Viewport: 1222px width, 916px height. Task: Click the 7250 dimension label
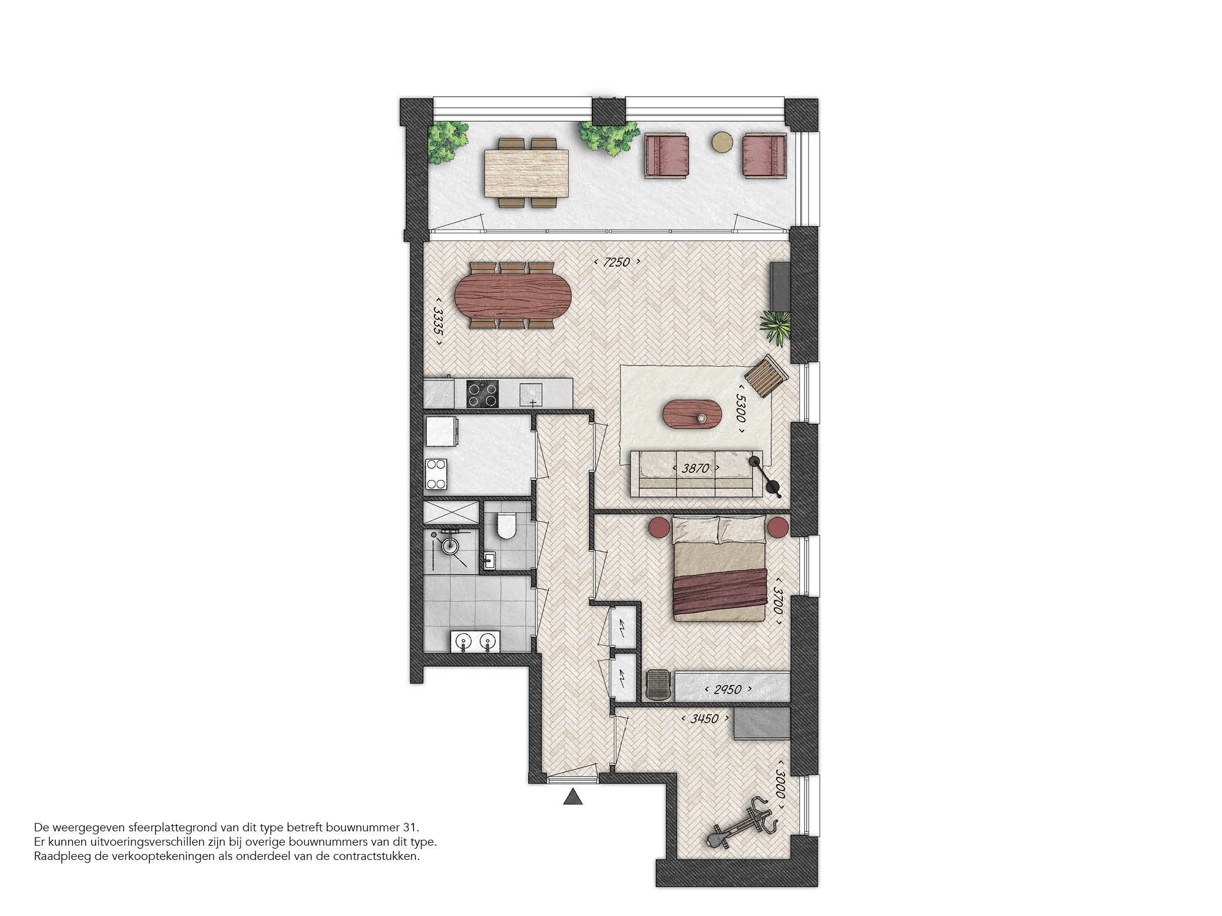point(617,262)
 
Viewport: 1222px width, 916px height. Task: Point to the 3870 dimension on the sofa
point(695,469)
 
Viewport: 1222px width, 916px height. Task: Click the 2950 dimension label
point(727,690)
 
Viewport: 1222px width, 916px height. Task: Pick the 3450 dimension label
point(703,719)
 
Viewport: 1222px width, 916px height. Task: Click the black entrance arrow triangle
point(572,797)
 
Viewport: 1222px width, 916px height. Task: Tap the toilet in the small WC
point(505,527)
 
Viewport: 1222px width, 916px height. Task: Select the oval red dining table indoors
point(513,296)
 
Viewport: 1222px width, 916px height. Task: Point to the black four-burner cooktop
point(482,394)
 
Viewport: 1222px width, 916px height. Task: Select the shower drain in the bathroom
point(450,544)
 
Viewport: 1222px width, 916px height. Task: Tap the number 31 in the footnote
point(412,828)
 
